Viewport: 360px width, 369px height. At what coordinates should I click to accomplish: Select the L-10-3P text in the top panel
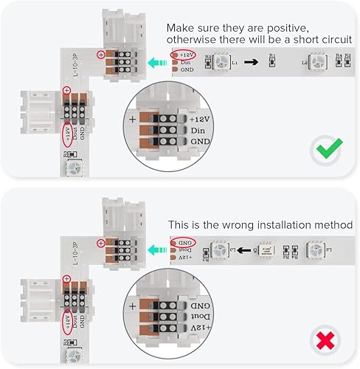coord(76,65)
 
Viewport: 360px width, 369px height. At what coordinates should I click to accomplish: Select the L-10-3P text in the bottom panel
coord(76,253)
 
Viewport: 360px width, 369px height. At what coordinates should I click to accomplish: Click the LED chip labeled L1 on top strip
coord(222,63)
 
